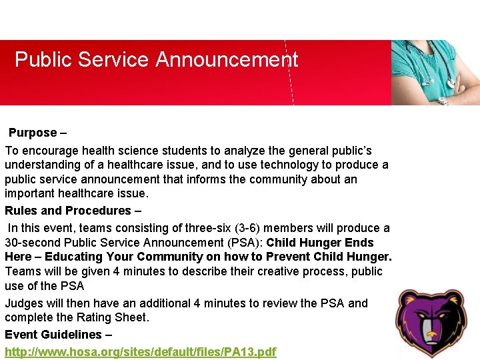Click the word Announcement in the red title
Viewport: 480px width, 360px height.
click(x=227, y=60)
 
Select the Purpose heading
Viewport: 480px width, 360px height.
click(x=37, y=133)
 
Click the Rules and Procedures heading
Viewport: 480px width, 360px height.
click(x=73, y=211)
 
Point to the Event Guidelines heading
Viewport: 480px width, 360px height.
click(x=58, y=335)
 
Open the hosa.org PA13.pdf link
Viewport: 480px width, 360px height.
click(x=140, y=351)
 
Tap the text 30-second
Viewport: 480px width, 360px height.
click(x=32, y=243)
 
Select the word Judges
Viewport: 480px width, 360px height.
click(x=23, y=303)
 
